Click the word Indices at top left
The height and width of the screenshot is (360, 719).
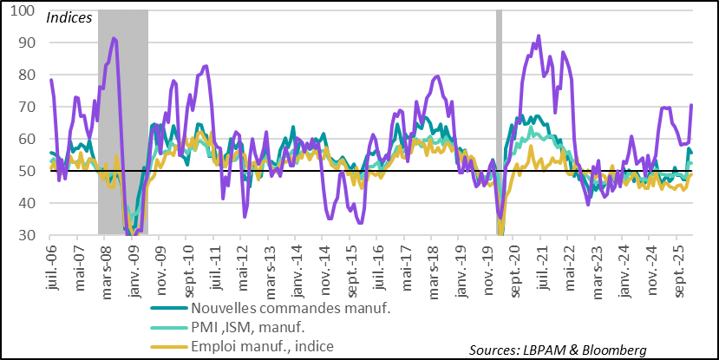[x=69, y=17]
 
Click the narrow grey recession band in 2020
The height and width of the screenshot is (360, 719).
[x=499, y=121]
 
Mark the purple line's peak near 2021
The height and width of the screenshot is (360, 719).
[x=539, y=36]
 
